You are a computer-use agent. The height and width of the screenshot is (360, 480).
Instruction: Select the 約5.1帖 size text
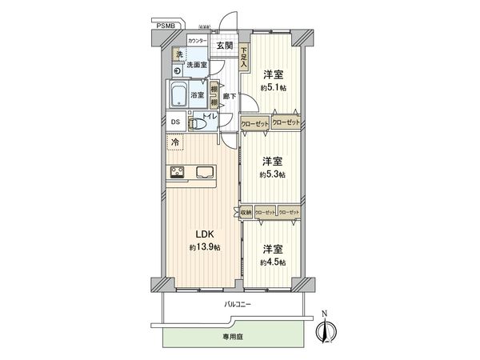273,87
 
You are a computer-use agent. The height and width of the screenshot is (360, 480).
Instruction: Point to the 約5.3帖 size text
273,174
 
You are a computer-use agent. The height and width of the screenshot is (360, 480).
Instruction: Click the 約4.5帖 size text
273,262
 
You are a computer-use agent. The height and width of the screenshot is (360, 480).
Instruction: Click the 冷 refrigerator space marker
174,143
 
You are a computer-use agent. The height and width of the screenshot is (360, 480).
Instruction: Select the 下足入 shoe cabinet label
243,55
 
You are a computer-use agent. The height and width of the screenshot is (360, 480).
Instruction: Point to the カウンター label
197,40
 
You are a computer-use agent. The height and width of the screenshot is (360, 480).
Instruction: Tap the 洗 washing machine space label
179,54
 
